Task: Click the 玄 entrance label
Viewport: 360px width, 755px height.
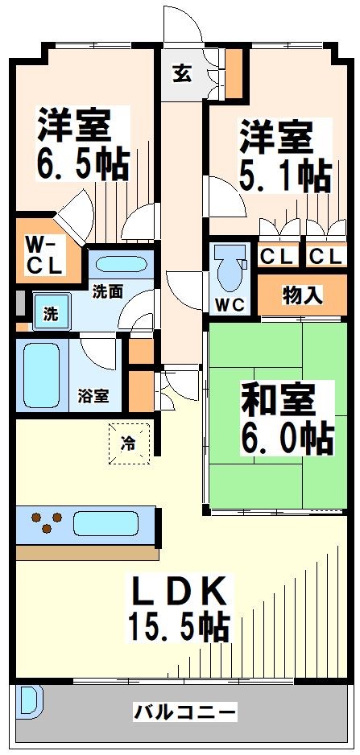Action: tap(182, 73)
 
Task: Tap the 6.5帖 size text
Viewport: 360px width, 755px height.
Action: tap(82, 166)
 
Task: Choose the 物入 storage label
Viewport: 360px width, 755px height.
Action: tap(303, 295)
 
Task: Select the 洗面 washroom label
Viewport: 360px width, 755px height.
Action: tap(107, 291)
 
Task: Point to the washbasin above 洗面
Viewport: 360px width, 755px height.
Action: tap(117, 265)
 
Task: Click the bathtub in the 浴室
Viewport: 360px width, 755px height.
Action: tap(41, 374)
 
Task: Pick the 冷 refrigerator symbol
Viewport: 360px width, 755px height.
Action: tap(129, 443)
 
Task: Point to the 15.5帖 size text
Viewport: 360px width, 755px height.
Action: tap(176, 625)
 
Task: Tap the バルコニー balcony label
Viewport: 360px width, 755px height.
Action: tap(185, 712)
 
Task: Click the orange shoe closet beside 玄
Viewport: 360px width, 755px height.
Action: tap(233, 73)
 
